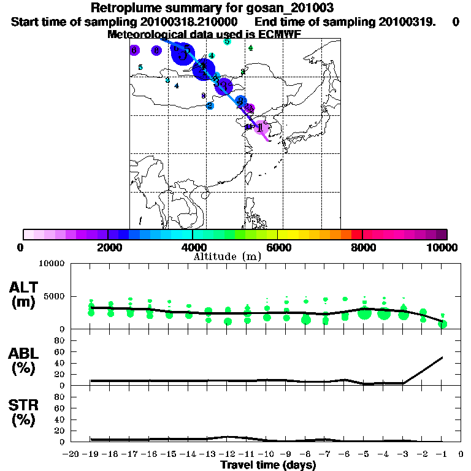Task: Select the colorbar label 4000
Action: tap(193, 248)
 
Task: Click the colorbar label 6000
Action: tap(278, 248)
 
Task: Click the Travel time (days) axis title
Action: tap(268, 465)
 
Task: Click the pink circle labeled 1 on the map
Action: tap(261, 128)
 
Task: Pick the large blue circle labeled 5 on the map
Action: tap(183, 53)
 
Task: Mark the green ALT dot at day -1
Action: tap(443, 324)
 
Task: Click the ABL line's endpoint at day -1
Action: tap(443, 357)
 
